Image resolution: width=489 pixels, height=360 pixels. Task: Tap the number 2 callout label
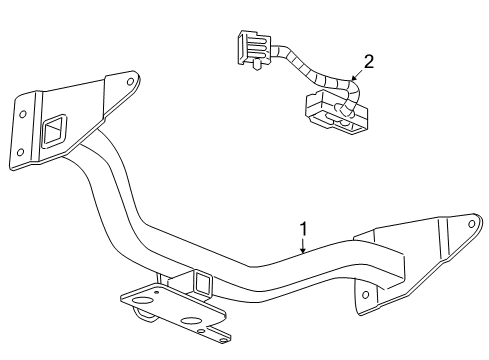click(369, 62)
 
